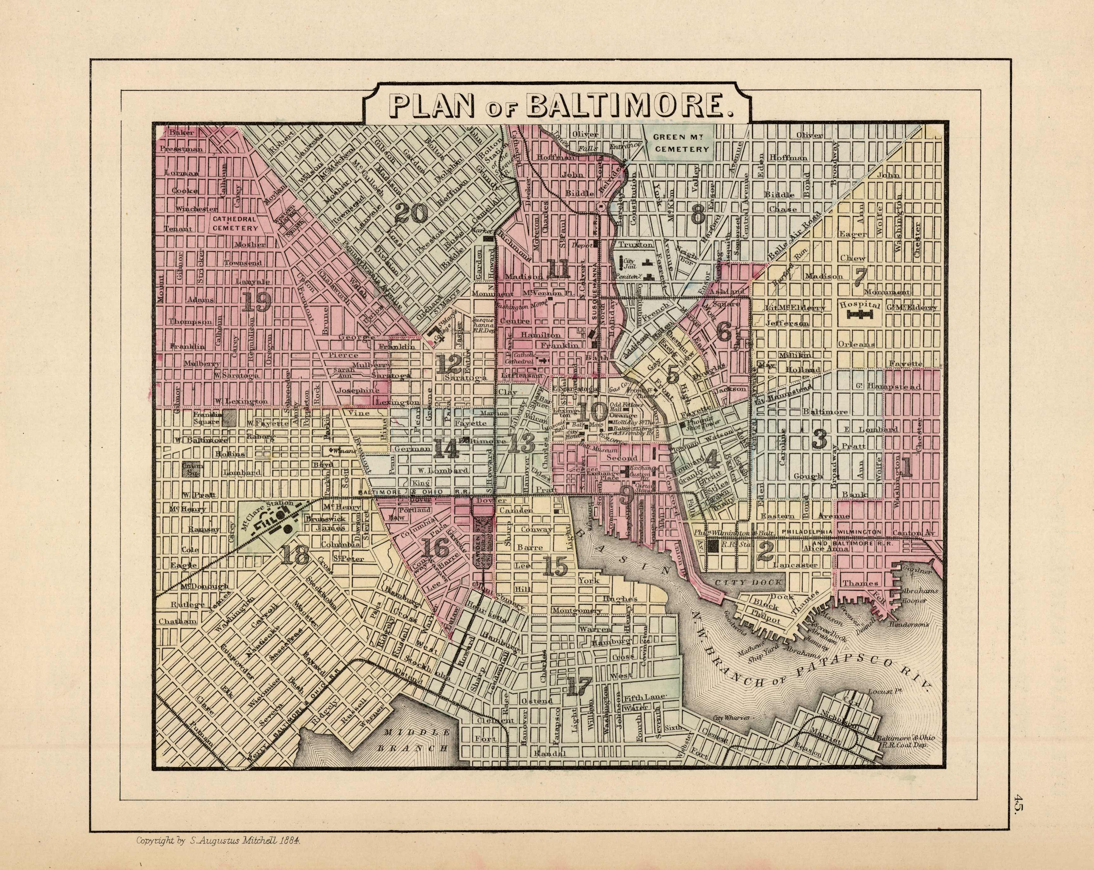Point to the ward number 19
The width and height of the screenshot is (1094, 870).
pyautogui.click(x=255, y=302)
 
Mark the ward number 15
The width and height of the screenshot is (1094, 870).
pyautogui.click(x=554, y=565)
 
